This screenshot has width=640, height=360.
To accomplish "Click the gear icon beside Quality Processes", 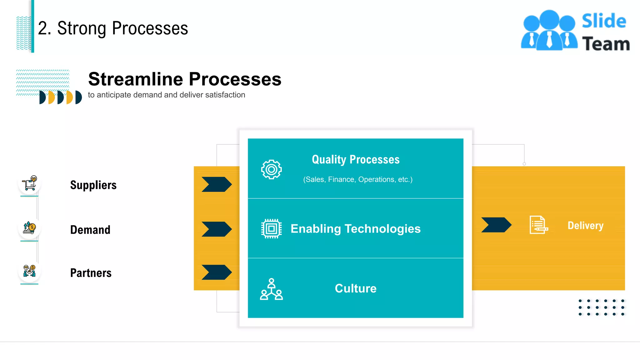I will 271,169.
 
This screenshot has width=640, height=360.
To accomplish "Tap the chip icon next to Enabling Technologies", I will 271,229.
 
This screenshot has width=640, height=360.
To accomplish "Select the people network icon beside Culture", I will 271,289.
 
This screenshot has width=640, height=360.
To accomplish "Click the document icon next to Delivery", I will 538,225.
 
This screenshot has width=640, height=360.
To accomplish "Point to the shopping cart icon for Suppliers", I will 30,183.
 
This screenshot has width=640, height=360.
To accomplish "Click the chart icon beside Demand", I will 29,228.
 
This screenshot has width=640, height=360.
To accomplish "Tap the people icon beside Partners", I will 29,271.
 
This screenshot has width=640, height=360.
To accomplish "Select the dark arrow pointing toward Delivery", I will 496,225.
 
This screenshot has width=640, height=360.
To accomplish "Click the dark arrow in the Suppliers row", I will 217,184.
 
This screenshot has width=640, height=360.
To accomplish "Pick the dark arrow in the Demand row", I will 217,229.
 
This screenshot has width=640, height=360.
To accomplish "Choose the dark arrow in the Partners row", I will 217,272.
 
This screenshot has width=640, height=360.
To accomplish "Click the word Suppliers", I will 93,185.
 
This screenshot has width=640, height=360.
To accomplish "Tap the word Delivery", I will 585,225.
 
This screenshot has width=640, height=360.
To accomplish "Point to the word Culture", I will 356,288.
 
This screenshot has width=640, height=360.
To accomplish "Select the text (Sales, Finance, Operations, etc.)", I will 358,179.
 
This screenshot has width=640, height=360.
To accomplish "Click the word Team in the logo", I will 606,44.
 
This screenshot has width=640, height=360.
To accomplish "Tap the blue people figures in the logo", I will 549,31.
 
